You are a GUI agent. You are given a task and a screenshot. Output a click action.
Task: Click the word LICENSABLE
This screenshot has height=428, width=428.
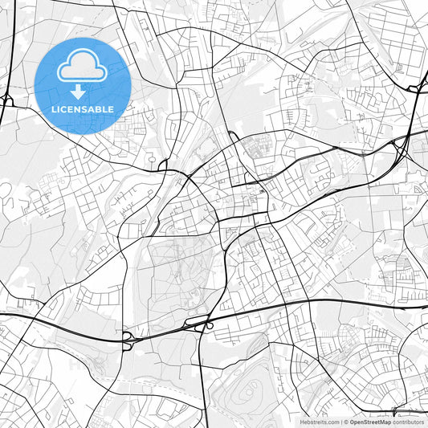83,109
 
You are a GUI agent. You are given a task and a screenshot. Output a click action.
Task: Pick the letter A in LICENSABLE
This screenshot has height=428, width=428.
94,109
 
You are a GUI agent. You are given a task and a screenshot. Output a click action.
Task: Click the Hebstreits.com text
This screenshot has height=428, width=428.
320,422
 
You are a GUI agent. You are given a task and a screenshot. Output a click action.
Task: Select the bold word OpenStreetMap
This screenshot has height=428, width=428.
370,422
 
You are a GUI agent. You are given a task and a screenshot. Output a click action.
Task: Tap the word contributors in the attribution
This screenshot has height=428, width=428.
409,422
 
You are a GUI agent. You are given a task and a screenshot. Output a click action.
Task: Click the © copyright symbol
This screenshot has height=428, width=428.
346,422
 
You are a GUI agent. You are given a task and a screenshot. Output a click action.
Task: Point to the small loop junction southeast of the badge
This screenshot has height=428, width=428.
161,165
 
